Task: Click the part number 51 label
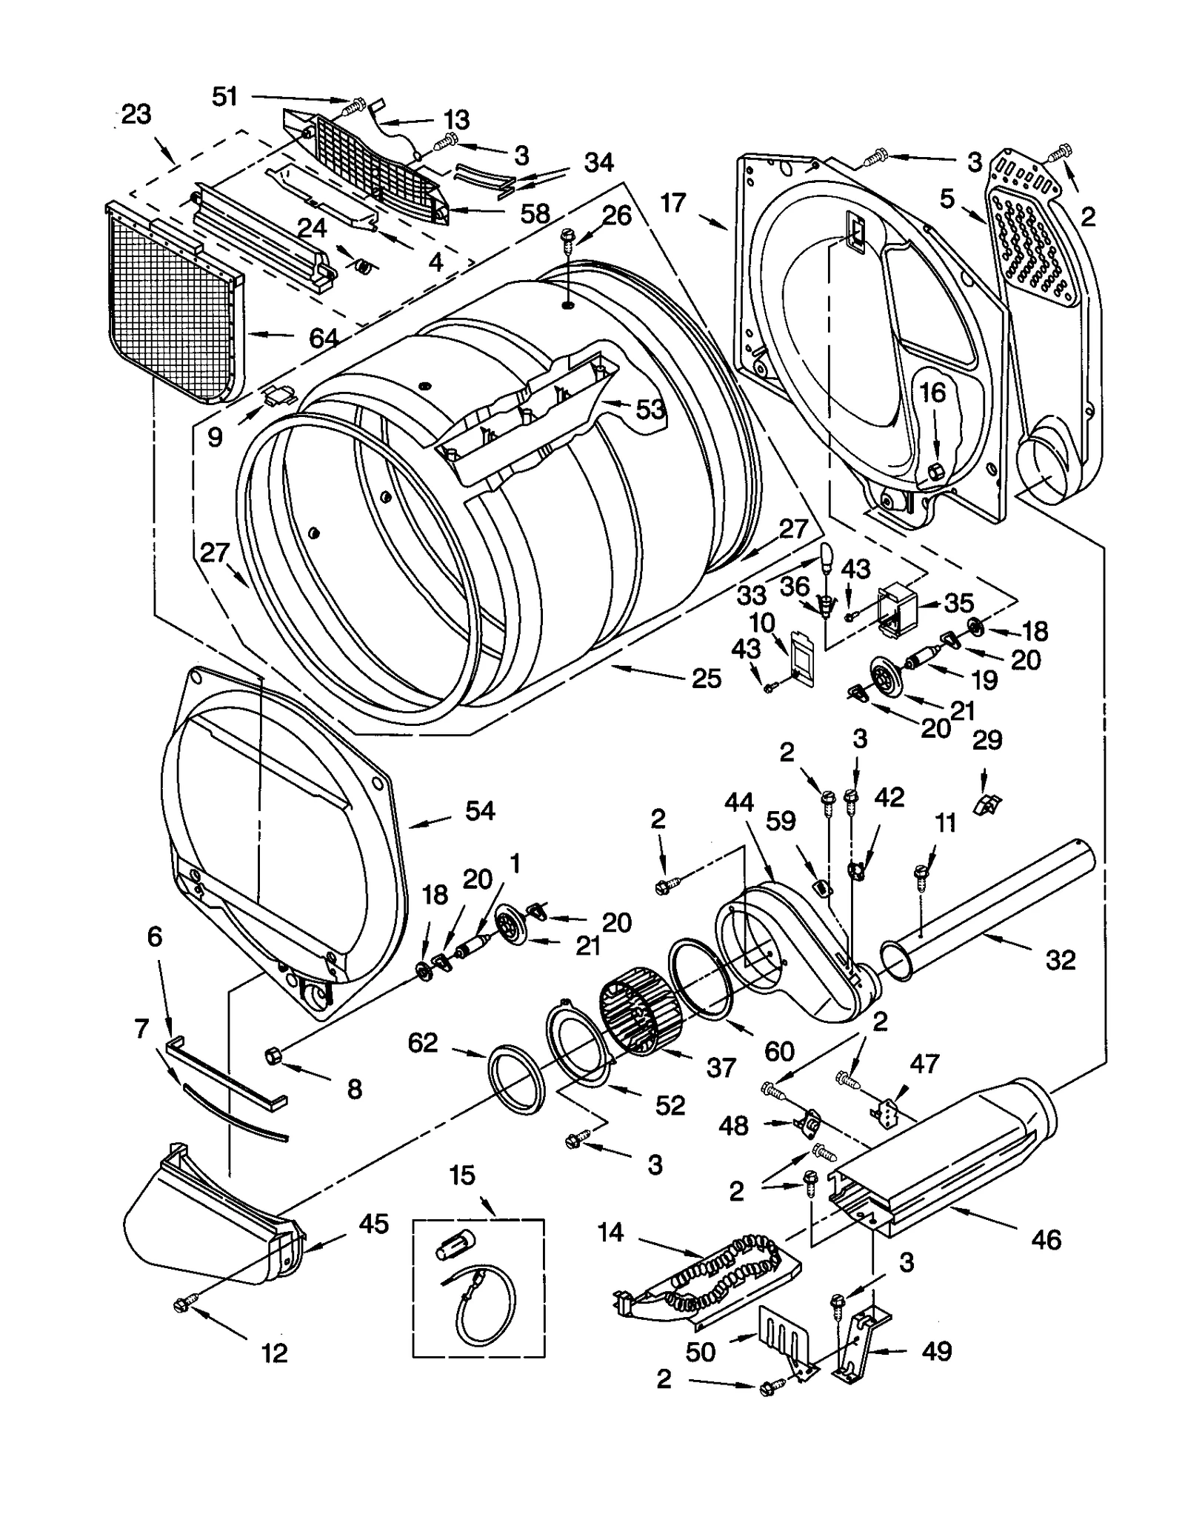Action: click(x=224, y=96)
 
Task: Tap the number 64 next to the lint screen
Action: click(x=323, y=338)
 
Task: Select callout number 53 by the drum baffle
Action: click(x=650, y=409)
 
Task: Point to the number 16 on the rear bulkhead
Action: click(x=932, y=392)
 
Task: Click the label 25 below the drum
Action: click(x=706, y=678)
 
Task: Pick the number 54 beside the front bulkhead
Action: click(x=479, y=810)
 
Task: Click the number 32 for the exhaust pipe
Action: click(x=1059, y=960)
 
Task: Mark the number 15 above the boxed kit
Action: click(x=462, y=1175)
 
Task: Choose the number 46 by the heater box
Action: click(x=1045, y=1239)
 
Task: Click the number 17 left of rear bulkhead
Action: click(x=673, y=202)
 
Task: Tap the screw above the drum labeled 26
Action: click(x=567, y=236)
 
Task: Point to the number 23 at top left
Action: click(x=136, y=114)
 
